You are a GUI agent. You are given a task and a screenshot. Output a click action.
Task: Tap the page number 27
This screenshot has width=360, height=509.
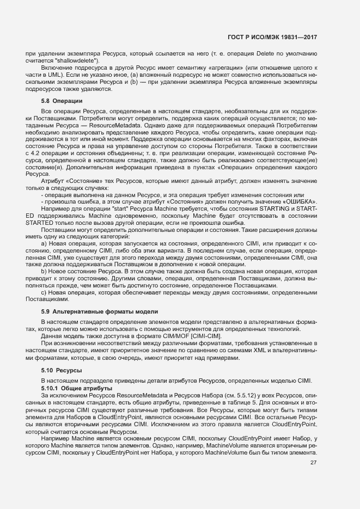coord(313,463)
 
